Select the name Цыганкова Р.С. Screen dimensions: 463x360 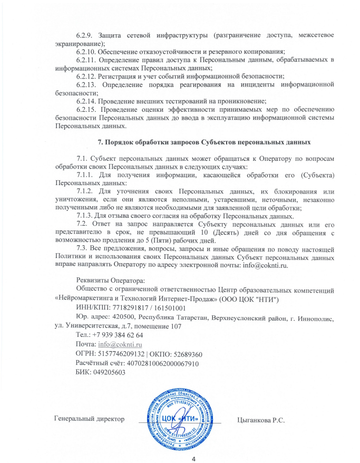coord(261,420)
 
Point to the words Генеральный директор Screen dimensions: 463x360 coord(90,419)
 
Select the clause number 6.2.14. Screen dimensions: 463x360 coord(87,100)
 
